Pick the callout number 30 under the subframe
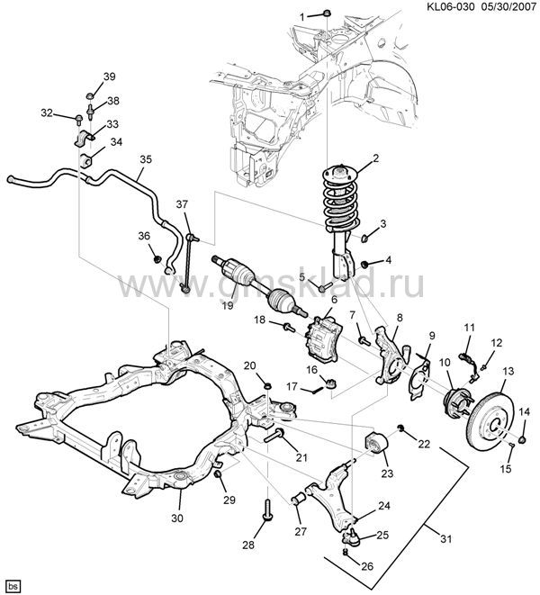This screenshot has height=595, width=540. pos(176,518)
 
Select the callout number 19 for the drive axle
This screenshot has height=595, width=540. pos(229,306)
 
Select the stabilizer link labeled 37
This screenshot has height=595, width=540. pos(188,262)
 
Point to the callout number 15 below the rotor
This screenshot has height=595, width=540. pos(505,469)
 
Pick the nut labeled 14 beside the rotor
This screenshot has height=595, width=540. pos(522,440)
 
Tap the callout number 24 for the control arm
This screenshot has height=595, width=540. pos(384,505)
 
